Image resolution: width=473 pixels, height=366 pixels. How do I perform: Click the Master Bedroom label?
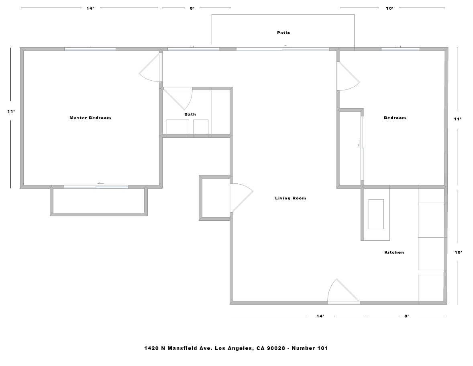coord(90,118)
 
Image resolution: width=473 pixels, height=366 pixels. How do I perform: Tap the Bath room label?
coord(190,114)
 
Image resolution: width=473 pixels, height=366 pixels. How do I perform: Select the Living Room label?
coord(290,198)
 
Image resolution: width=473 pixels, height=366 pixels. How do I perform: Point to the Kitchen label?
coord(394,252)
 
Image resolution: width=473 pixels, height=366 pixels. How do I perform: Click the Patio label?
coord(283,33)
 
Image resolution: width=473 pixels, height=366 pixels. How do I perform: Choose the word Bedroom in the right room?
coord(395,118)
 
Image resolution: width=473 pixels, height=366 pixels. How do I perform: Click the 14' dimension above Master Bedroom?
coord(90,8)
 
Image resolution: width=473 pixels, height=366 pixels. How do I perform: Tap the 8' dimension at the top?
coord(192,8)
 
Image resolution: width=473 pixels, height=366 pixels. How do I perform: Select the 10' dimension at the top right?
coord(390,8)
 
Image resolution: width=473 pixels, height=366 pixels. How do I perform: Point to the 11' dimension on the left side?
coord(11,112)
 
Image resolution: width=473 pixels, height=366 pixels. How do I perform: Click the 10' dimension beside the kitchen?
coord(458,252)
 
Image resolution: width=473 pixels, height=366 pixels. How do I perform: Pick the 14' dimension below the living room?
coord(320,316)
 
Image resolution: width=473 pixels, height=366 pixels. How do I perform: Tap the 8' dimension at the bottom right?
coord(407,316)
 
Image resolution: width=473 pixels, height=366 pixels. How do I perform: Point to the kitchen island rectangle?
coord(376,214)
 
